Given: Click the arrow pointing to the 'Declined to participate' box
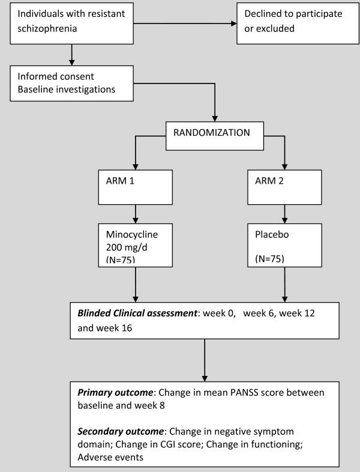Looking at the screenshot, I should click(186, 24).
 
